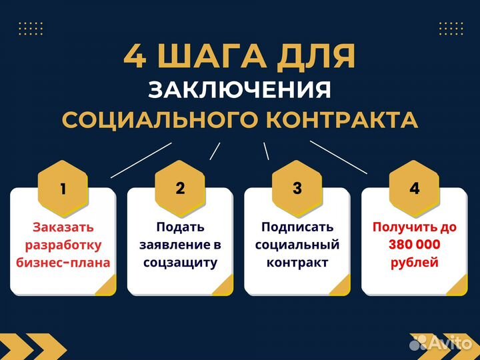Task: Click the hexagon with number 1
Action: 63,188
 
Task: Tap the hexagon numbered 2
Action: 180,188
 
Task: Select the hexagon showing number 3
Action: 297,188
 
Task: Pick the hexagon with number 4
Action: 415,188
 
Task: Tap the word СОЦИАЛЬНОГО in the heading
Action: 159,120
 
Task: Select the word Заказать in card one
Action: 63,227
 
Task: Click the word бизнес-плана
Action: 63,262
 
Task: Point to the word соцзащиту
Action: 180,262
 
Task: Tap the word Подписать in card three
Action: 297,227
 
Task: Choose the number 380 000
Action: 415,245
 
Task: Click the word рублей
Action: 415,262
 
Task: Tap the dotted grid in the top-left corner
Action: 31,28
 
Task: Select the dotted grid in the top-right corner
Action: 451,28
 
